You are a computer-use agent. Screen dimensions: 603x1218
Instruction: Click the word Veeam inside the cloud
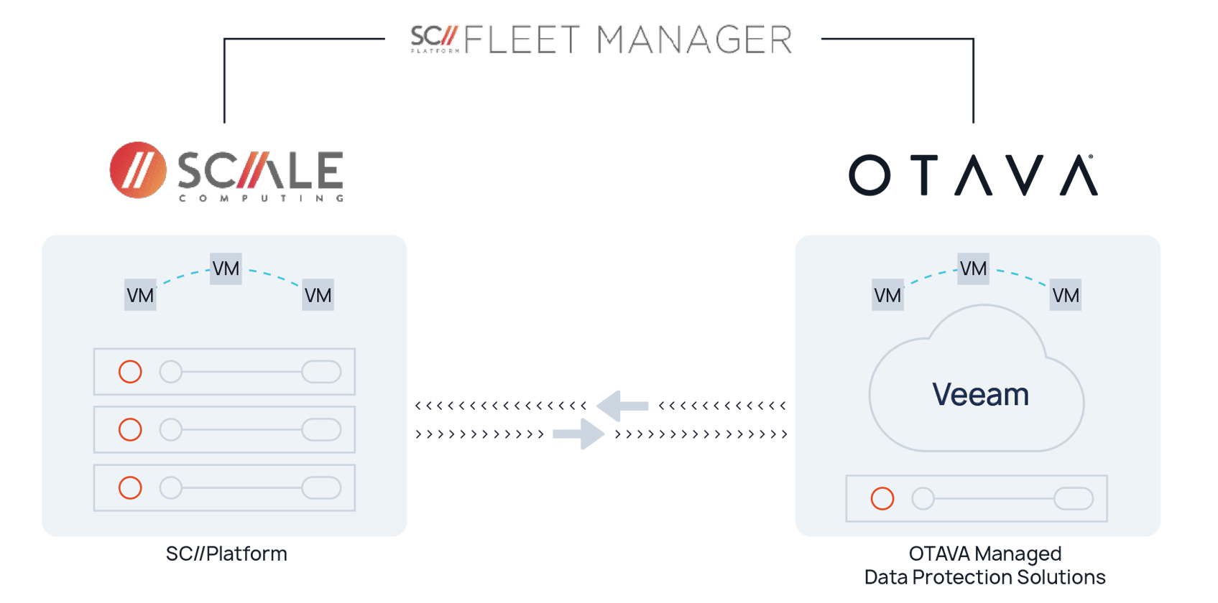[980, 395]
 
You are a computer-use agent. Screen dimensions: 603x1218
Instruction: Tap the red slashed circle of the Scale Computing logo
[137, 171]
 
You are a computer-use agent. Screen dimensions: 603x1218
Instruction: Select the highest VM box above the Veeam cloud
[973, 268]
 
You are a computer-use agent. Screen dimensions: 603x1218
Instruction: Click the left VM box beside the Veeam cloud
[887, 295]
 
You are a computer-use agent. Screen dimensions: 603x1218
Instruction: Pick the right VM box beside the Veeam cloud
[1065, 295]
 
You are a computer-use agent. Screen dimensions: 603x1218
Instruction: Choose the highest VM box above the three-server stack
[226, 268]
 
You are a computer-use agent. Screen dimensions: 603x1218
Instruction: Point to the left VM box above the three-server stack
[140, 295]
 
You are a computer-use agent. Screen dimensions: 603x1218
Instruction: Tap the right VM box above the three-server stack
[318, 295]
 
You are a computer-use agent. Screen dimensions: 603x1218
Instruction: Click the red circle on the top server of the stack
[130, 372]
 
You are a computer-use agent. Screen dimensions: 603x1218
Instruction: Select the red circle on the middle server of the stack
[130, 430]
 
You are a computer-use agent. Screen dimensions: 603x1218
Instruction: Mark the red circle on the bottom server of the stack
[130, 488]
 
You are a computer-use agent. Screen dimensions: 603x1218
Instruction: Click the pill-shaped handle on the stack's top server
[321, 372]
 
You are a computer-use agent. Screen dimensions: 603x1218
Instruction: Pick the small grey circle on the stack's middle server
[170, 430]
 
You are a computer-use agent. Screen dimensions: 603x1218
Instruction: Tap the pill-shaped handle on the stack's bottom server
[321, 488]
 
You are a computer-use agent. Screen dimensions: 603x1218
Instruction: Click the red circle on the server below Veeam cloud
[882, 499]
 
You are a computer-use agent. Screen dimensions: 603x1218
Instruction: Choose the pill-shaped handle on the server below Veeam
[1074, 499]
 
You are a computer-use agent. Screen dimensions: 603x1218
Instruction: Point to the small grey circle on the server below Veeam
[923, 499]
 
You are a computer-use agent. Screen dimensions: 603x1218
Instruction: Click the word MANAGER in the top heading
[696, 39]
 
